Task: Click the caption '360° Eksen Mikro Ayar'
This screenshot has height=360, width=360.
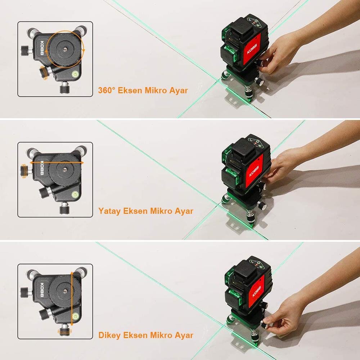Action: pos(143,90)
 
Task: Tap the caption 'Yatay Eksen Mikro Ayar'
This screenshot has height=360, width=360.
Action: pos(146,211)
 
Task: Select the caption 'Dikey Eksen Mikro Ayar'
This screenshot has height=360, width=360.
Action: pos(146,335)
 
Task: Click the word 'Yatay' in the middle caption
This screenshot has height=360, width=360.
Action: pos(109,211)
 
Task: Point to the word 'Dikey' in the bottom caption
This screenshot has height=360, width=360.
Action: pos(109,336)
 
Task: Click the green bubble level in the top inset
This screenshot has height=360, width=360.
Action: pos(75,74)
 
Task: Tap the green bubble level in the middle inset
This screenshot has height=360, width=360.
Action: pos(75,195)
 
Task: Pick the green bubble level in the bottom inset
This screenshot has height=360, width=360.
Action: pos(75,316)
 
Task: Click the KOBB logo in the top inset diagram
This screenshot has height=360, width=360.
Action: pos(42,48)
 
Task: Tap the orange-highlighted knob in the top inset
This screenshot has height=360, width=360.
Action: pos(44,73)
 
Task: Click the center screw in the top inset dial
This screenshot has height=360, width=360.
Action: pos(65,49)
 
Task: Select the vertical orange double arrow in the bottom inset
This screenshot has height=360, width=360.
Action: pos(72,299)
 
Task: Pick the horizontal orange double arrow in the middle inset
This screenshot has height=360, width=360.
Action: pos(57,163)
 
